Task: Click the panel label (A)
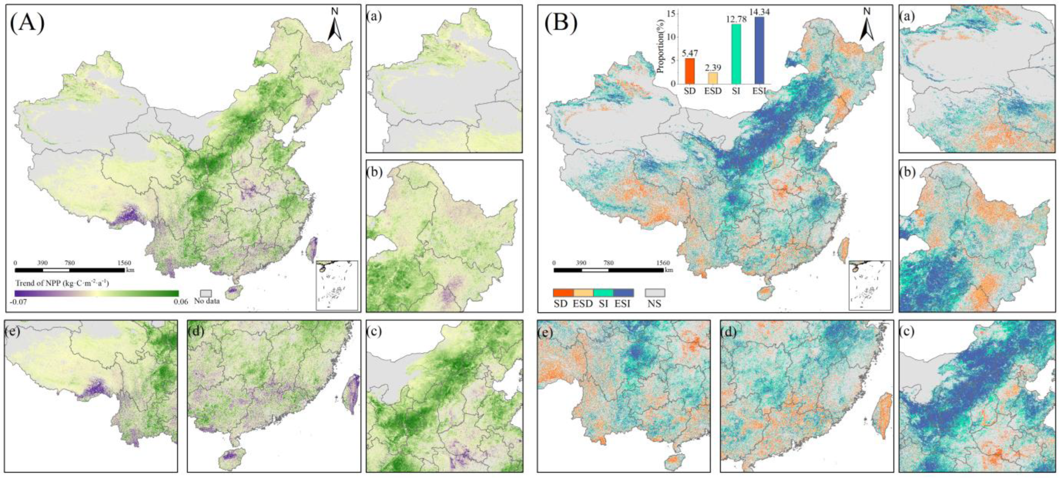[x=27, y=23]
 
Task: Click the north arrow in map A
[x=335, y=26]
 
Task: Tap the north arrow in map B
[x=867, y=26]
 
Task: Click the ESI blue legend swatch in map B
[x=623, y=293]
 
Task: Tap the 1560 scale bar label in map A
[x=124, y=263]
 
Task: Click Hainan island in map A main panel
[x=233, y=291]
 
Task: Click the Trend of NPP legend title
[x=62, y=283]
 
